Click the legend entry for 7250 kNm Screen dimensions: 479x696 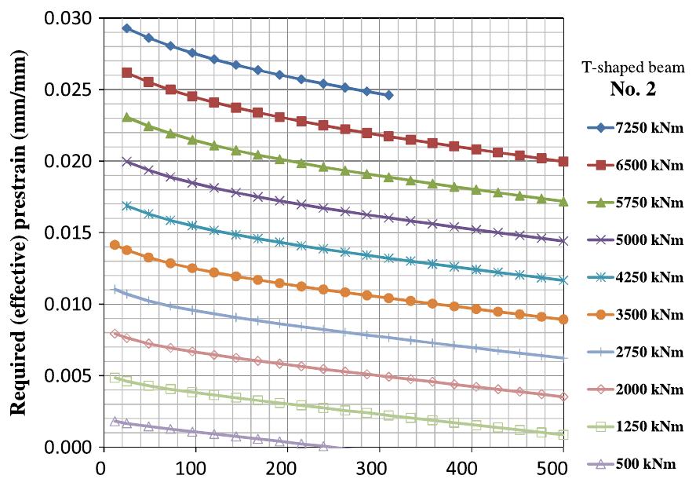tap(636, 126)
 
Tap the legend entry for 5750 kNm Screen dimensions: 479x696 tap(636, 202)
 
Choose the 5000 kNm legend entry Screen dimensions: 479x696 tap(636, 239)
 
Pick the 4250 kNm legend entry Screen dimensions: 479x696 tap(636, 277)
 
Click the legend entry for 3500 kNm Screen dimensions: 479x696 tap(636, 315)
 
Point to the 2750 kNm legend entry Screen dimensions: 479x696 tap(636, 353)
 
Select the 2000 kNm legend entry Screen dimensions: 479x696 tap(636, 390)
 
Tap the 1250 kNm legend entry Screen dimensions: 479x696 tap(636, 428)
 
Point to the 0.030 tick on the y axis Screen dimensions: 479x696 tap(68, 18)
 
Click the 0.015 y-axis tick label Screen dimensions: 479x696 tap(68, 233)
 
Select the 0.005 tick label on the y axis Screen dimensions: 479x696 tap(68, 376)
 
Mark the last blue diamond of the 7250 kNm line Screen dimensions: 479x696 tap(389, 95)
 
